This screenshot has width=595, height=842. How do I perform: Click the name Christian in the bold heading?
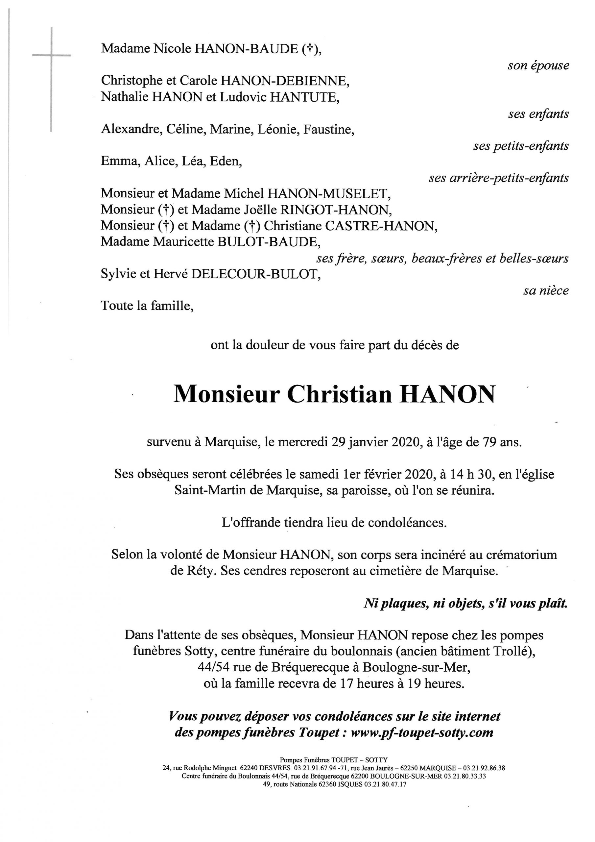pos(340,395)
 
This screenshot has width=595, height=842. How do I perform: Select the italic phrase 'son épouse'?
pos(538,66)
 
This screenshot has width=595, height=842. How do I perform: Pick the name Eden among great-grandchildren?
pos(225,161)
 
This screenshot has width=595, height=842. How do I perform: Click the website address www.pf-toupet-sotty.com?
pos(422,732)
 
